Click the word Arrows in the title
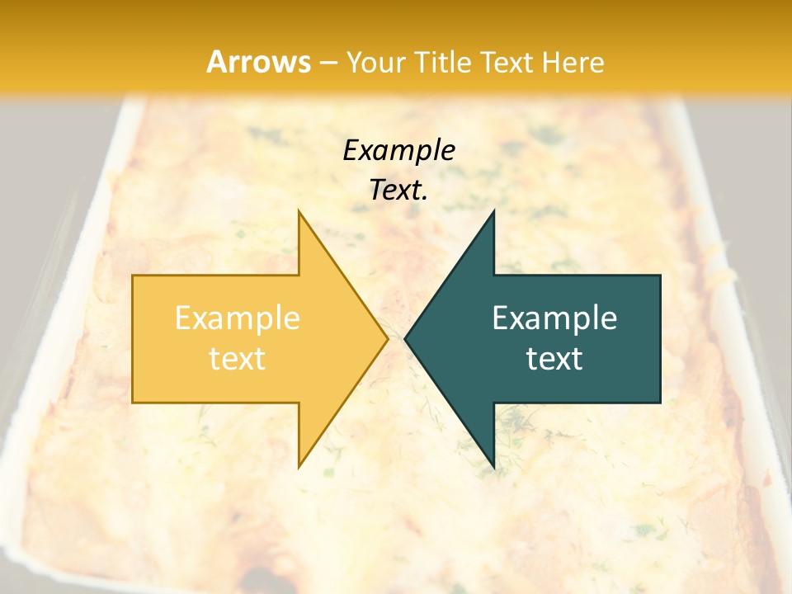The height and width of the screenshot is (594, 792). tap(258, 62)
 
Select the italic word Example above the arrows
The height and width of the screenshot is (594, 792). tap(398, 151)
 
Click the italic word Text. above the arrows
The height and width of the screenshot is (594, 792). tap(398, 190)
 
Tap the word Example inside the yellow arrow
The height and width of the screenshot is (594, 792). tap(237, 318)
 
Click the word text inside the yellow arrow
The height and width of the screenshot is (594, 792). tap(237, 359)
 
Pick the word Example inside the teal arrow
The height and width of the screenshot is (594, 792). tap(554, 318)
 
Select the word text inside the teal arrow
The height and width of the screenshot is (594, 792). tap(554, 359)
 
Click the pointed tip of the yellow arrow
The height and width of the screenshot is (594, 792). tap(387, 338)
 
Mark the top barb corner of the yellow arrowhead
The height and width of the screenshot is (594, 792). tap(299, 211)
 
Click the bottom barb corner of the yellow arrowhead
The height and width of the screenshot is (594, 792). tap(299, 467)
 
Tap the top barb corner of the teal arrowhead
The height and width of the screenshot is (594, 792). tap(493, 211)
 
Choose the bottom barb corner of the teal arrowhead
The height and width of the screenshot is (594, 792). tap(493, 467)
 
